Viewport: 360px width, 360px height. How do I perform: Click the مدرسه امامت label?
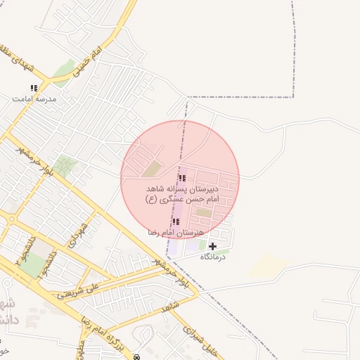(33, 99)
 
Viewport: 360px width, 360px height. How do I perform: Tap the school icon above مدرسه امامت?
(33, 88)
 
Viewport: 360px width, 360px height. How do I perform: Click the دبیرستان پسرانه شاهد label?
(183, 189)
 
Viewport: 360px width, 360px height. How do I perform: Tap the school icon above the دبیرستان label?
(183, 178)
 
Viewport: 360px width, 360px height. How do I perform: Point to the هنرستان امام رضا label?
(176, 232)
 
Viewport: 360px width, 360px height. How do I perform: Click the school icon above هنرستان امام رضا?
(175, 222)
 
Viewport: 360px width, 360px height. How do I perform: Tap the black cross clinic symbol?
(212, 246)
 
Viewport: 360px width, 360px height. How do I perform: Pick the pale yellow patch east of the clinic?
(269, 264)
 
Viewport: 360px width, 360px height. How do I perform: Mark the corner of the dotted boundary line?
(292, 97)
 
